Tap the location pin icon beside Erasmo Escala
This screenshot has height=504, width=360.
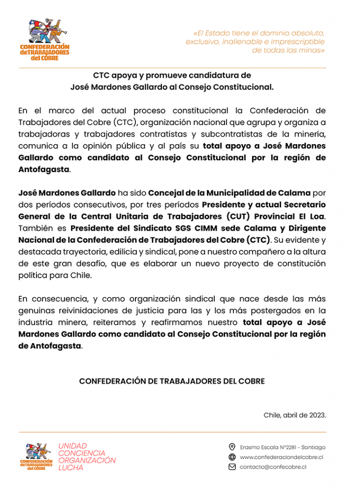[x=232, y=447]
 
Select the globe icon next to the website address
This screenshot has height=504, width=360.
[x=232, y=457]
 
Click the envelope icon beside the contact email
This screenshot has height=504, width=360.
[x=232, y=467]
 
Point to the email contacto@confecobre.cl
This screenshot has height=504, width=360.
[x=273, y=467]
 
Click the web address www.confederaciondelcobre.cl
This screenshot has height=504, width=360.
[x=281, y=457]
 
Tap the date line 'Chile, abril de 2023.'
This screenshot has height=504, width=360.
[x=295, y=415]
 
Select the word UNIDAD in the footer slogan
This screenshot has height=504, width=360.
[x=72, y=446]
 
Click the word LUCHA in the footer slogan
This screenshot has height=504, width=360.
[x=71, y=468]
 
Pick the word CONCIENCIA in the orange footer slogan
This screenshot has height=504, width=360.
[x=82, y=453]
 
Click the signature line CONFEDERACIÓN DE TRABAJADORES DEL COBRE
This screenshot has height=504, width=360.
[x=172, y=381]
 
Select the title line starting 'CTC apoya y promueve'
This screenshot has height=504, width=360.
[x=172, y=75]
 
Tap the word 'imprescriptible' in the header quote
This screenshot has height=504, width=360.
[x=297, y=42]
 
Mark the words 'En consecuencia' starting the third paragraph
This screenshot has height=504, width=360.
[x=46, y=299]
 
